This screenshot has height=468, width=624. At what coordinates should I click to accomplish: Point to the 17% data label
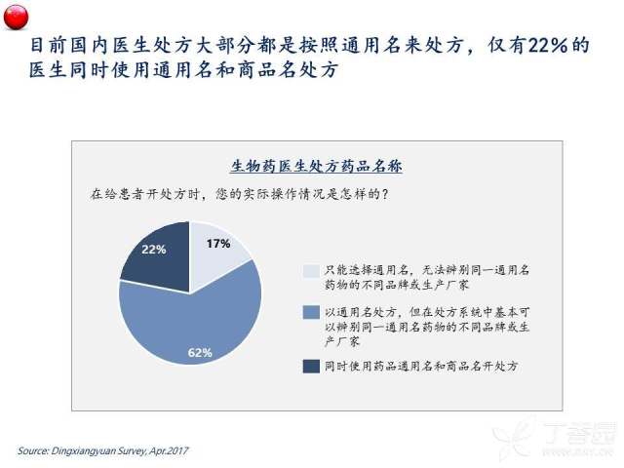click(218, 244)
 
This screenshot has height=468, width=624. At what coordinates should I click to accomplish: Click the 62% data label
click(200, 353)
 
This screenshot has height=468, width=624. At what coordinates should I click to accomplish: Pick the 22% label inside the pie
click(154, 250)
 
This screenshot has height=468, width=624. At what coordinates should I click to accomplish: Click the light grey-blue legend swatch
click(311, 271)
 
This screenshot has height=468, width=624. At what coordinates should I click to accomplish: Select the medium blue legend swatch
click(311, 312)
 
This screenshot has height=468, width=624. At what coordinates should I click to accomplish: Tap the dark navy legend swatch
click(311, 367)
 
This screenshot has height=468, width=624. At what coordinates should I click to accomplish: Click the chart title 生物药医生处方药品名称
click(317, 166)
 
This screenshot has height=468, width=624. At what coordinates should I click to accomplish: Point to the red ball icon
click(16, 17)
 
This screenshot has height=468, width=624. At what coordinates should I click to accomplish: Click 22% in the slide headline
click(548, 46)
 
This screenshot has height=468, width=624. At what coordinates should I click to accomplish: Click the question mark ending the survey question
click(384, 194)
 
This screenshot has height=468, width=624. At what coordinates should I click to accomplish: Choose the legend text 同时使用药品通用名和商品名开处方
click(421, 367)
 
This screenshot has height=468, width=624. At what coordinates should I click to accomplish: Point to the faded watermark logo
click(557, 438)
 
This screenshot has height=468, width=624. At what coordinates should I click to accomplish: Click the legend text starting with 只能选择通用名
click(427, 277)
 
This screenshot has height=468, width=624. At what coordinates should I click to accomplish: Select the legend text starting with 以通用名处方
click(427, 327)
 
